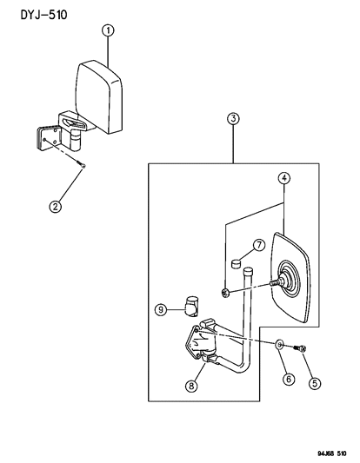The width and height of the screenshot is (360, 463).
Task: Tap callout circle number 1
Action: (108, 31)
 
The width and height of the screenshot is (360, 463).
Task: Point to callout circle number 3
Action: (233, 118)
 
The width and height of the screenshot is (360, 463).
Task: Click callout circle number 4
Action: (283, 179)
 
